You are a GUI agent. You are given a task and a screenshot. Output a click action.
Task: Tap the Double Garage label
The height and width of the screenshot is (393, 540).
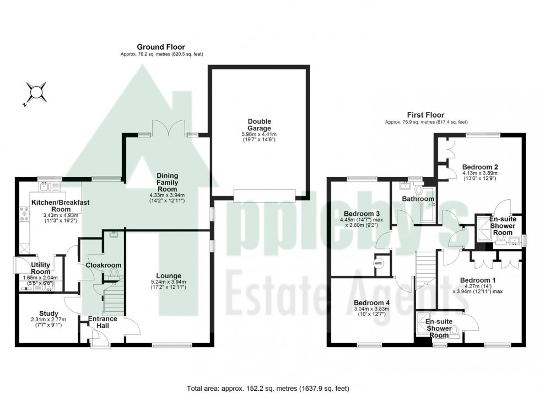pos(259,125)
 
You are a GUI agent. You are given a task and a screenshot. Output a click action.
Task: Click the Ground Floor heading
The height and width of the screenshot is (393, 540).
pos(161,47)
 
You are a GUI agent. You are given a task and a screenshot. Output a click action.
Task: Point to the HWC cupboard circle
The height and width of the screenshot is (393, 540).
pos(378,263)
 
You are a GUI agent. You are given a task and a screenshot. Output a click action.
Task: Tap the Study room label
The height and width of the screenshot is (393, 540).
pos(48,314)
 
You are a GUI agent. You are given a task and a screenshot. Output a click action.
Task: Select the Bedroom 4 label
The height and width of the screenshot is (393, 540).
pos(372,302)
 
